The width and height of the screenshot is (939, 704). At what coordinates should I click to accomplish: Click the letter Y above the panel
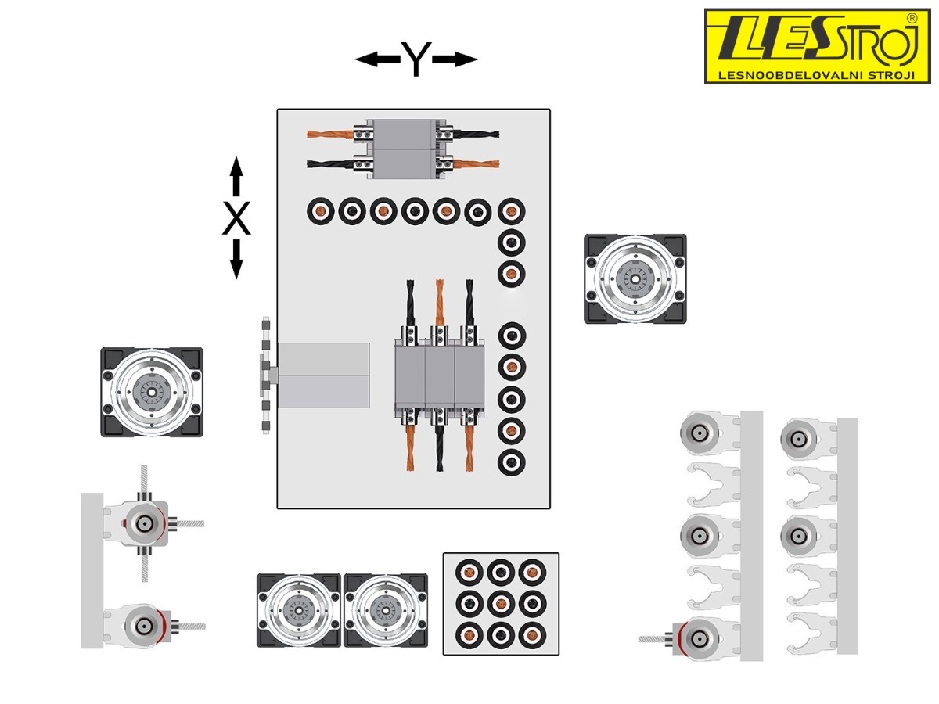pyautogui.click(x=416, y=59)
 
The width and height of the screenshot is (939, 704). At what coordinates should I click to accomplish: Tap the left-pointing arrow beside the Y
pyautogui.click(x=376, y=59)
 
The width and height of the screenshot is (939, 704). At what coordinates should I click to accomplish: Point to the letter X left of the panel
pyautogui.click(x=236, y=220)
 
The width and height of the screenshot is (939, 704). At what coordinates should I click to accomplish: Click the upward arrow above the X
pyautogui.click(x=236, y=176)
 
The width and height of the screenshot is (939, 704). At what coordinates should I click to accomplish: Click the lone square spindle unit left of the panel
pyautogui.click(x=152, y=392)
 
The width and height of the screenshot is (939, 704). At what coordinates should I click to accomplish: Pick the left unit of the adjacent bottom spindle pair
pyautogui.click(x=299, y=610)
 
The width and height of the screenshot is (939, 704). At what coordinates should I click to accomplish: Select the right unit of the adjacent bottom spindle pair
pyautogui.click(x=386, y=610)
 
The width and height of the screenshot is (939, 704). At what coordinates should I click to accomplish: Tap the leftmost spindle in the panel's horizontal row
pyautogui.click(x=319, y=210)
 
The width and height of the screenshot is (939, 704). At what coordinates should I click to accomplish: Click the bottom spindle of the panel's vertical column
pyautogui.click(x=511, y=462)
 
